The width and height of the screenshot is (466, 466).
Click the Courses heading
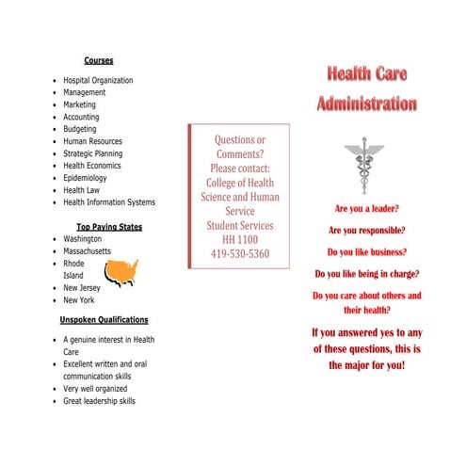pyautogui.click(x=99, y=60)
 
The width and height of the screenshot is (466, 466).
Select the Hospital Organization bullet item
pyautogui.click(x=98, y=81)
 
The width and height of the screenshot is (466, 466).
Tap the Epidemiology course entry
pyautogui.click(x=85, y=178)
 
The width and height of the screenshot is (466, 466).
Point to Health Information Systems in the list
pyautogui.click(x=109, y=202)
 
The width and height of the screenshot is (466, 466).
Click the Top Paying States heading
pyautogui.click(x=109, y=227)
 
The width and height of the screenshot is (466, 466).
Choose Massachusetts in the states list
pyautogui.click(x=87, y=251)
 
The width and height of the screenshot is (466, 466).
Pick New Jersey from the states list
pyautogui.click(x=82, y=288)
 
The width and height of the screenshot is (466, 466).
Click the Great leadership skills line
pyautogui.click(x=99, y=401)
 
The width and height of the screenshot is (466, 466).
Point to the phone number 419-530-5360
pyautogui.click(x=240, y=254)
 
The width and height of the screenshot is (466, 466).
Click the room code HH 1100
pyautogui.click(x=240, y=240)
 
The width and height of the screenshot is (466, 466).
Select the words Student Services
pyautogui.click(x=240, y=226)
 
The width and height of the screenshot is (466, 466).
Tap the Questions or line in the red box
pyautogui.click(x=240, y=140)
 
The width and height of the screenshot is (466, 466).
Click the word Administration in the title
pyautogui.click(x=366, y=104)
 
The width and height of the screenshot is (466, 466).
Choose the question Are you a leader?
pyautogui.click(x=366, y=208)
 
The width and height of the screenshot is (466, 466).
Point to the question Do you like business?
pyautogui.click(x=366, y=252)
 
